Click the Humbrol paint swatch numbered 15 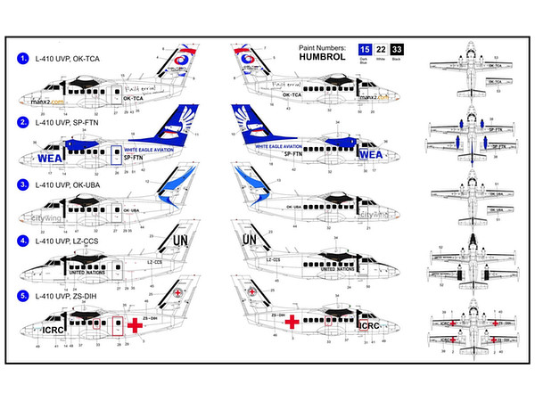click(364, 51)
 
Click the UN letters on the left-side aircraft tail click(179, 241)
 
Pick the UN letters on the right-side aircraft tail click(250, 240)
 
